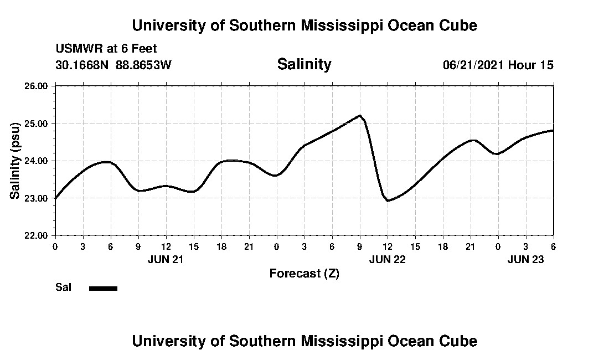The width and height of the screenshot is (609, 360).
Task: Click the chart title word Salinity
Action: tap(304, 64)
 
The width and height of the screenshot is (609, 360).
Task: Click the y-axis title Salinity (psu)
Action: tap(15, 161)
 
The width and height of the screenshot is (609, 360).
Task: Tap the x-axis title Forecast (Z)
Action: tap(304, 274)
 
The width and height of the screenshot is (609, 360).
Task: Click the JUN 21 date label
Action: tap(166, 259)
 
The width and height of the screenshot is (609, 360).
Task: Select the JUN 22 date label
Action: tap(387, 259)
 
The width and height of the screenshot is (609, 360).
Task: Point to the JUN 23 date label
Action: tap(525, 259)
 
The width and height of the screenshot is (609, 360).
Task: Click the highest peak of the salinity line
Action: tap(360, 116)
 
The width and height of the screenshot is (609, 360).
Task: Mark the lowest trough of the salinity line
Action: tap(388, 200)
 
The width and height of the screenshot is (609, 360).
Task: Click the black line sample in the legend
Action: tap(104, 288)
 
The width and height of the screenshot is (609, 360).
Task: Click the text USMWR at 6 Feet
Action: tap(106, 49)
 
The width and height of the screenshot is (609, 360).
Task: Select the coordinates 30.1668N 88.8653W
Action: tap(113, 65)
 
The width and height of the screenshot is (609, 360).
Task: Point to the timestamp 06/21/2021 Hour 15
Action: tap(498, 65)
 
